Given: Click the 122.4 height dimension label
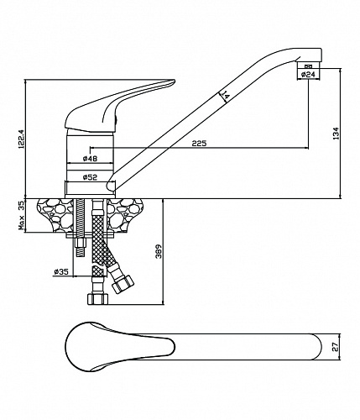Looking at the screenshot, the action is click(23, 139).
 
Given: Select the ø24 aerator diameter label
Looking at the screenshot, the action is click(308, 74).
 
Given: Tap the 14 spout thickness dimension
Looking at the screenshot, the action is click(226, 96).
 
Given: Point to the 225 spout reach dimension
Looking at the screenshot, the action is click(199, 144).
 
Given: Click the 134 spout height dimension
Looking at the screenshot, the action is click(336, 134).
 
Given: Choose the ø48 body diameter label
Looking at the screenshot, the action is click(90, 159).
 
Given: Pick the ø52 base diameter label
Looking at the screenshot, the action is click(90, 177).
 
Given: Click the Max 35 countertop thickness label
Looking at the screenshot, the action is click(22, 216).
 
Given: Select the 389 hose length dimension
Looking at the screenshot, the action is click(159, 251).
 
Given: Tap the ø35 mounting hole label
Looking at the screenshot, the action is click(61, 271).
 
